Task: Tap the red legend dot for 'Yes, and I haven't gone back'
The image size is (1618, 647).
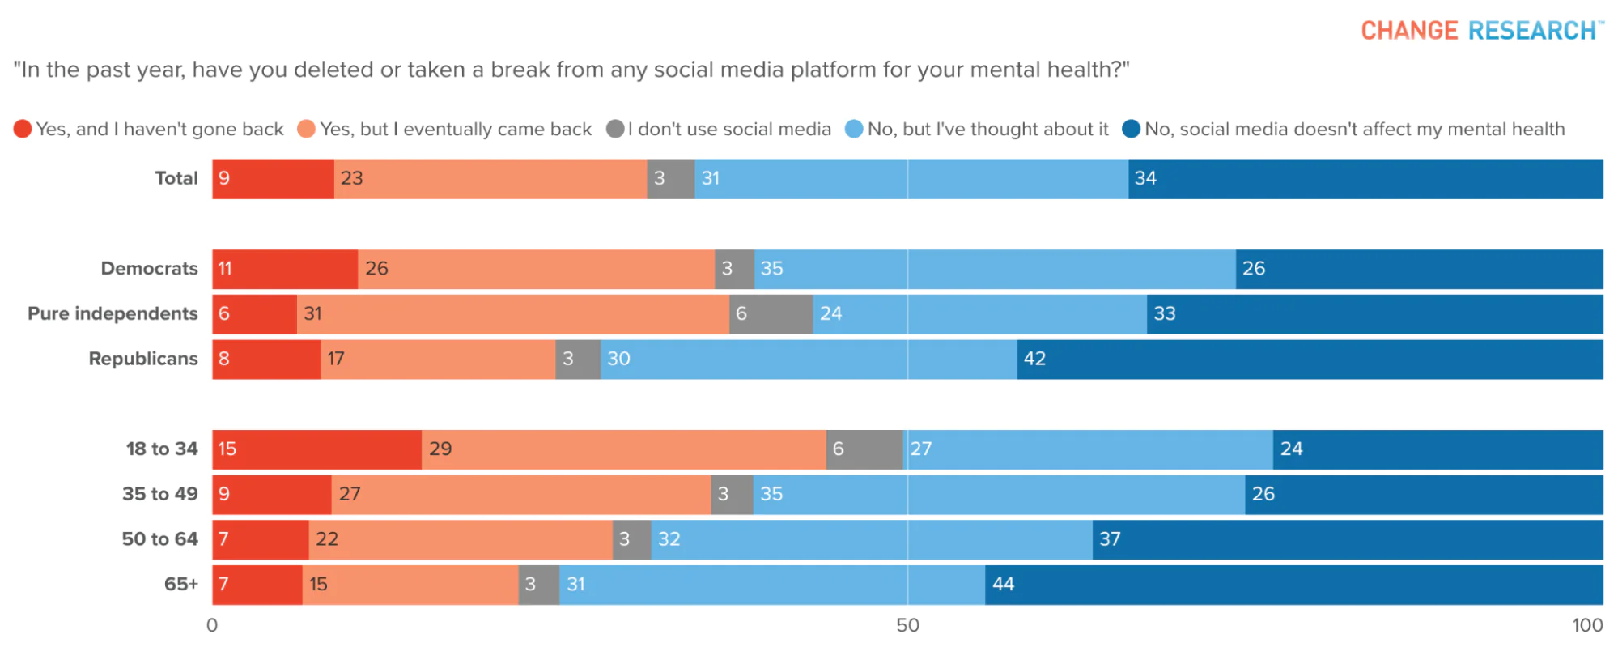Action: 23,129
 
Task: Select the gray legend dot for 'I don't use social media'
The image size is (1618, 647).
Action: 615,129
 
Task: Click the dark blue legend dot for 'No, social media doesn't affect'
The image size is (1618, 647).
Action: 1132,129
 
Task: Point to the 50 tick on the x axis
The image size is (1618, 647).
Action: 907,625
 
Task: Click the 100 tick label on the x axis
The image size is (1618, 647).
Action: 1587,625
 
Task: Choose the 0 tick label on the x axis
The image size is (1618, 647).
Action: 212,625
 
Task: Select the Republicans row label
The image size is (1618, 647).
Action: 143,359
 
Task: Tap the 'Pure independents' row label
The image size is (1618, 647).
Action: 113,313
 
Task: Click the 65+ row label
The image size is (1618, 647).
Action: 181,584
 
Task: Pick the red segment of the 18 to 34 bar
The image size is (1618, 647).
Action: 317,449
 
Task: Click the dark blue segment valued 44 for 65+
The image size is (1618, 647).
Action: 1293,585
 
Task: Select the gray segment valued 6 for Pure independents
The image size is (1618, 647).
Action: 771,314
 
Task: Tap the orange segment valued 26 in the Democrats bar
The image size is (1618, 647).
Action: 536,269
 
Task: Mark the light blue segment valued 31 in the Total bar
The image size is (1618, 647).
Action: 911,179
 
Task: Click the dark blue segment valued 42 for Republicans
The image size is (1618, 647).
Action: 1310,360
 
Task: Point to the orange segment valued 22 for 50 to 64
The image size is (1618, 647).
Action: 461,539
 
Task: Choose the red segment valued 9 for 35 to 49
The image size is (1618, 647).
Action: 272,494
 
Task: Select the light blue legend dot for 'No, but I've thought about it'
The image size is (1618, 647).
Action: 854,129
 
